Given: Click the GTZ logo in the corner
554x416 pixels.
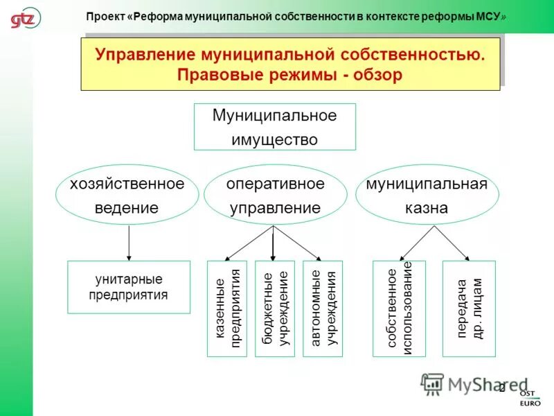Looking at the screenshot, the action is coord(25,17).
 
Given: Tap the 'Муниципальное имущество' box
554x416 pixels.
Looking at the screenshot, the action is coord(274,127).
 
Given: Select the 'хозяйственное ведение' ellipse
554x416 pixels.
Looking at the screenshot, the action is coord(127,196).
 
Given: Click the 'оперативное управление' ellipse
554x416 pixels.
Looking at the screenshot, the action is coord(275,196).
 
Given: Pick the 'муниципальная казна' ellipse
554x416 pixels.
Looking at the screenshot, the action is coord(427,196).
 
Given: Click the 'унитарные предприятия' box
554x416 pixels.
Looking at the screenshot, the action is coord(128,287).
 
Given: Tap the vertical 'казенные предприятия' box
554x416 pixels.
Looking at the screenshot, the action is coord(226,309).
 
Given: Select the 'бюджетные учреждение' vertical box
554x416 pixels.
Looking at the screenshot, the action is coord(274,309).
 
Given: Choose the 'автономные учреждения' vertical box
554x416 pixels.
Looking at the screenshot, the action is coord(323,309).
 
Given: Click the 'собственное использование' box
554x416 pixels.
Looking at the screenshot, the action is coord(399,309).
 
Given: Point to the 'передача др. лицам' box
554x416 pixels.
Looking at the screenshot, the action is coord(469,309).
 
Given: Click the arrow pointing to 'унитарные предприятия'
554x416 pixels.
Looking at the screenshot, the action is coord(128,243).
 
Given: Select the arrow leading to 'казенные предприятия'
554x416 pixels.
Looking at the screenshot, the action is coord(251,242).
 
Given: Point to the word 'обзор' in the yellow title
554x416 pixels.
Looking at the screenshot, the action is coord(377,75).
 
